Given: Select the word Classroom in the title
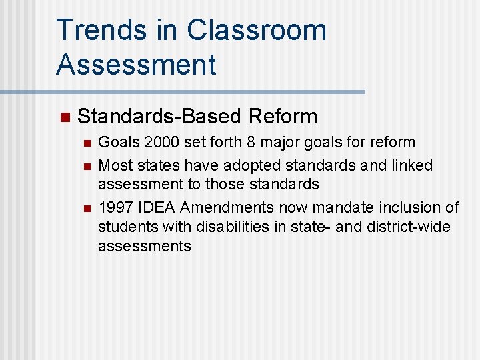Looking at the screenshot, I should [x=257, y=31].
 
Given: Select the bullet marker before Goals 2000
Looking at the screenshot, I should [x=85, y=143].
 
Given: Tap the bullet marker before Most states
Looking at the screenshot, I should [x=85, y=166].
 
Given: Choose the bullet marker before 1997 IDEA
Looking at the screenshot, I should [x=85, y=208].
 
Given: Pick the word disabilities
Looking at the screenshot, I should [x=228, y=227].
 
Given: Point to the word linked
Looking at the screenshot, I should [x=411, y=165].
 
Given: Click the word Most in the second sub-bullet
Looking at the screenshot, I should [x=114, y=165].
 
